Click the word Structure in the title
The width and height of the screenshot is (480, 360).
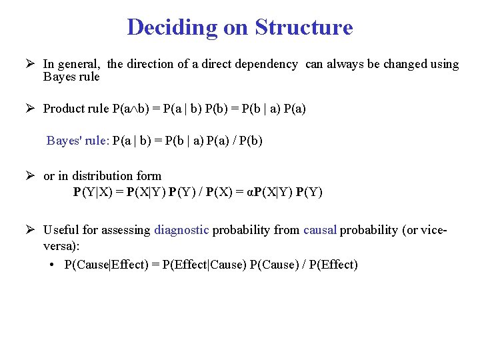[304, 27]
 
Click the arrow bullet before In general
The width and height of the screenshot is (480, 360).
[29, 64]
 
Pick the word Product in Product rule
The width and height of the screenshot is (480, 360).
[64, 108]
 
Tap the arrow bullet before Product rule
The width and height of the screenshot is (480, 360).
[29, 108]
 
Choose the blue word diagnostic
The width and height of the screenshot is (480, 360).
[181, 230]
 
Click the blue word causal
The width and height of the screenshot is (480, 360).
[320, 230]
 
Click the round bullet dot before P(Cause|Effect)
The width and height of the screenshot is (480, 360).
[52, 265]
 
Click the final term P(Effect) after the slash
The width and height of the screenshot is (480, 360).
[333, 265]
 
